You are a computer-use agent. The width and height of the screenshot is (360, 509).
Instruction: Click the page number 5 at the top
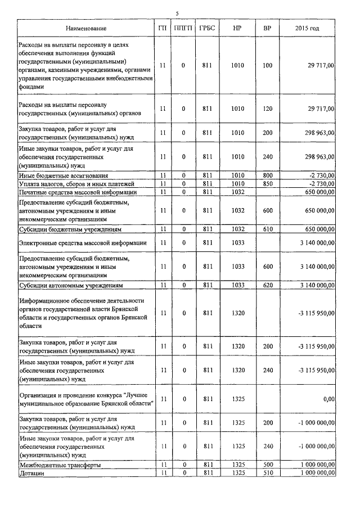coord(177,13)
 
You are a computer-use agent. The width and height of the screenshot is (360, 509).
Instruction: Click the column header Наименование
coord(85,28)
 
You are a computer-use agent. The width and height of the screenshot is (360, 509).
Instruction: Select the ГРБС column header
coord(207,28)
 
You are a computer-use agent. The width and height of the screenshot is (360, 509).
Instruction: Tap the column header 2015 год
coord(307,28)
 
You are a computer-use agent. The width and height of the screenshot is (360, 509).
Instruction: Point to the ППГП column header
coord(183,28)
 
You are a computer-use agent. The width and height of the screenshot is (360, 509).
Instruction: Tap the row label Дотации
coord(32,474)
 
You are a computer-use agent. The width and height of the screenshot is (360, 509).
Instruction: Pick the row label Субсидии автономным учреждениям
coord(70,285)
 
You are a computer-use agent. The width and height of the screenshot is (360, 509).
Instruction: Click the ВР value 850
coord(267,184)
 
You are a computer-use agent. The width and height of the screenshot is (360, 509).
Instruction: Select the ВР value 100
coord(267,66)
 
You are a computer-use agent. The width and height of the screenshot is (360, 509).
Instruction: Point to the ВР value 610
coord(267,230)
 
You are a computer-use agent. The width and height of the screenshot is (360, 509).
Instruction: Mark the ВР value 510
coord(267,474)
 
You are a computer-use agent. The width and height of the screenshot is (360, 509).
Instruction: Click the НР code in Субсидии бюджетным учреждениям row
coord(237,230)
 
